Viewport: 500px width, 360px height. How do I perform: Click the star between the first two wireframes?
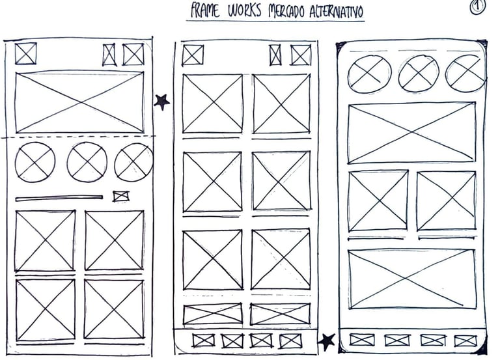pos(161,101)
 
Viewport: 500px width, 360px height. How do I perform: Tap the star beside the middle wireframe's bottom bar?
pos(326,340)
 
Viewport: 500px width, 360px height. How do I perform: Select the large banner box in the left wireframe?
pos(79,102)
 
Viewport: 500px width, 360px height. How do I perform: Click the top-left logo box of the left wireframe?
pos(25,53)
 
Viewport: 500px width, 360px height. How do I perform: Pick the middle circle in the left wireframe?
pos(87,161)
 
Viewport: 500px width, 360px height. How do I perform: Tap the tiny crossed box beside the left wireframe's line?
pos(121,196)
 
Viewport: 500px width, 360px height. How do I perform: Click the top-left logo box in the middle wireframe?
pos(193,55)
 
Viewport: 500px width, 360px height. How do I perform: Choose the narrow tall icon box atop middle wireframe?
pos(275,55)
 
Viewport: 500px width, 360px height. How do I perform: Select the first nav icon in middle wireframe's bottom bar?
pos(203,340)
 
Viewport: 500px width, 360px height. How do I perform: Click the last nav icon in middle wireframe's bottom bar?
pos(290,340)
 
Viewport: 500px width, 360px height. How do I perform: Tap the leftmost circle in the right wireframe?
pos(369,73)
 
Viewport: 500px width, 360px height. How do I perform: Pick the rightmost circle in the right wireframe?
pos(465,73)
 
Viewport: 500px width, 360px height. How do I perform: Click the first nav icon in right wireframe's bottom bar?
pos(362,340)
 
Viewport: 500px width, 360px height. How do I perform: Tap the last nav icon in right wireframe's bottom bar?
pos(465,340)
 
